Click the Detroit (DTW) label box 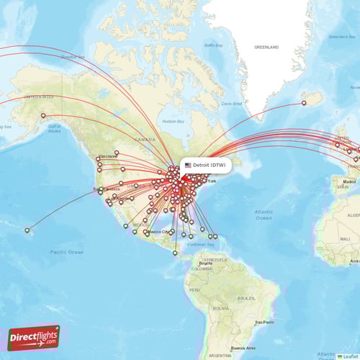[205, 165]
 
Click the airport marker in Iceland [304, 103]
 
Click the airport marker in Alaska [44, 116]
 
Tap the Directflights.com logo [34, 337]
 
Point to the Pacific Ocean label [66, 252]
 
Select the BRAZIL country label [248, 297]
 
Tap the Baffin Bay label [213, 45]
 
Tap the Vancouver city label [108, 156]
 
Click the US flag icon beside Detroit [188, 165]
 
